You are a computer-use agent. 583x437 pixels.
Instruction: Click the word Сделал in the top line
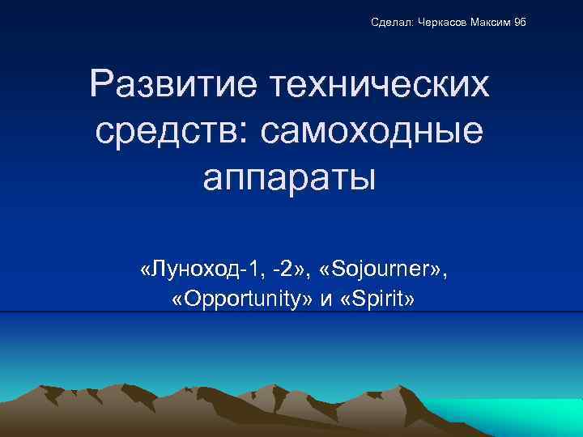point(393,22)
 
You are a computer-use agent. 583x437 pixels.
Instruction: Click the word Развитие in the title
point(175,85)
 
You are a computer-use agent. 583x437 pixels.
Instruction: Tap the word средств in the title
point(162,130)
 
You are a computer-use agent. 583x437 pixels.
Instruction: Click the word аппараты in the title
point(290,176)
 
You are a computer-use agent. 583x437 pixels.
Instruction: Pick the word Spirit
point(377,300)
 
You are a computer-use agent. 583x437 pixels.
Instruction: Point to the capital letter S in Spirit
point(356,300)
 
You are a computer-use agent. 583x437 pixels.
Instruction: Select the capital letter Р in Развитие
point(104,85)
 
